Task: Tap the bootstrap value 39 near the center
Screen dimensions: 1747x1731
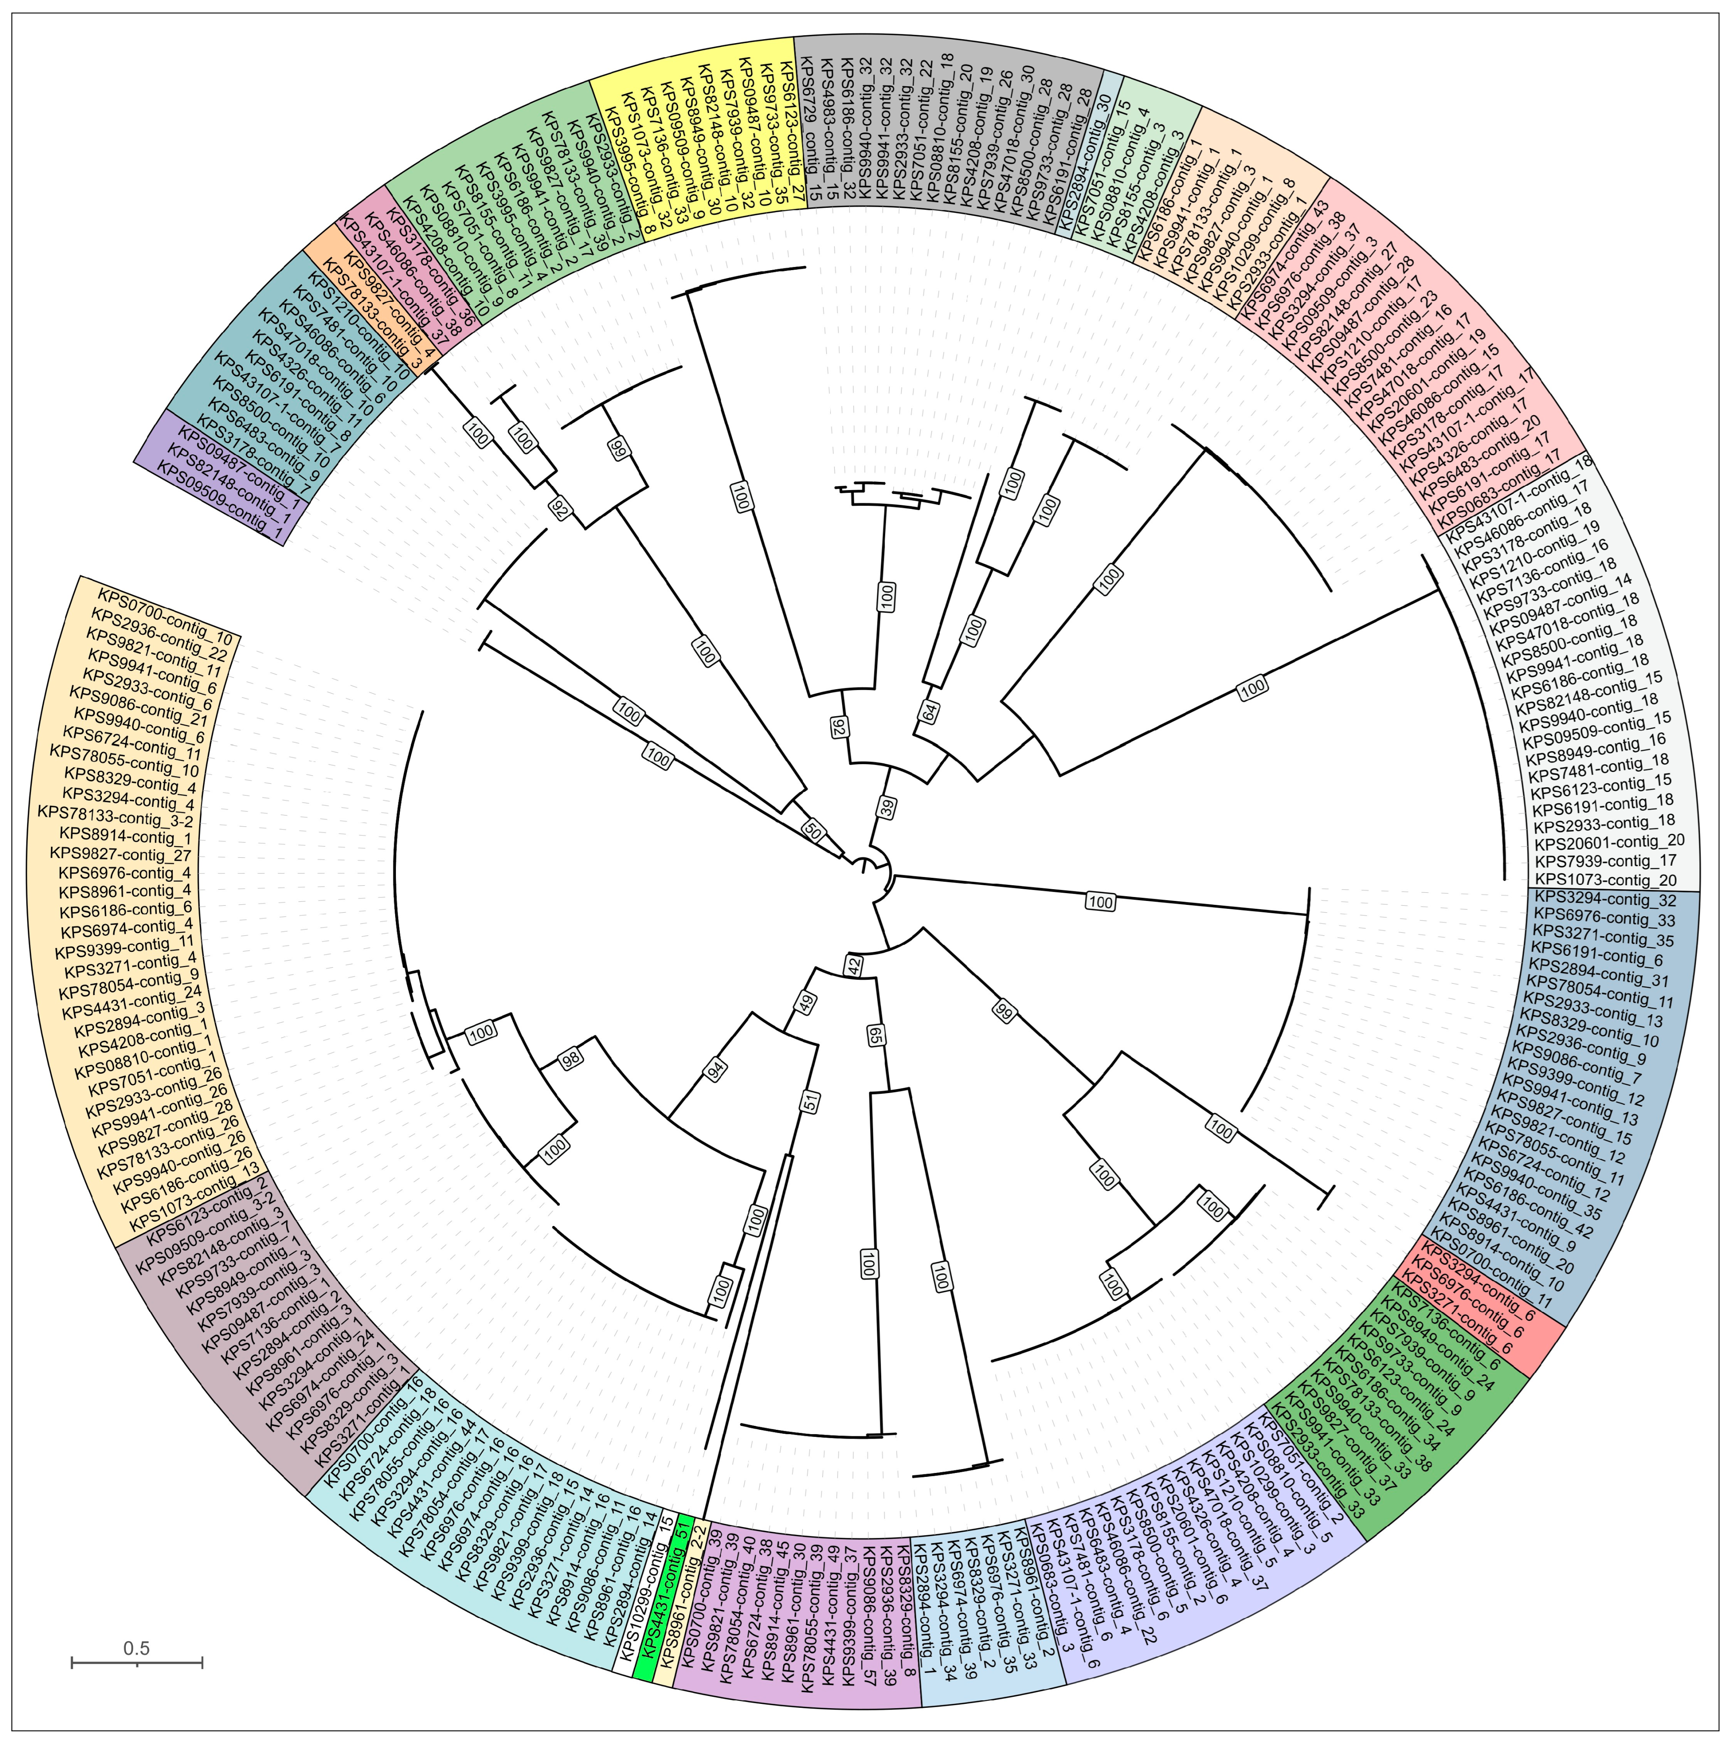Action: pos(889,807)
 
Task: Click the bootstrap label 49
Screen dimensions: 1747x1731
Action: pos(805,1001)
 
